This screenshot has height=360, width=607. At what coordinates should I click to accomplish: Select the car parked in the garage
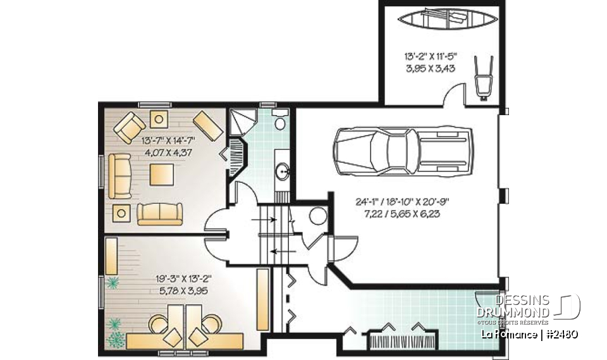403,150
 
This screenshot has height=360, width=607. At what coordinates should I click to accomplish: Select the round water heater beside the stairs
316,216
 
